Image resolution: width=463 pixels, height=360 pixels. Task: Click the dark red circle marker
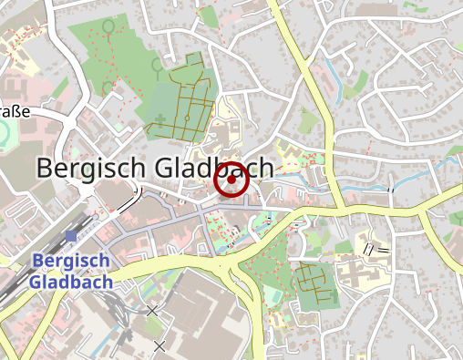tap(231, 180)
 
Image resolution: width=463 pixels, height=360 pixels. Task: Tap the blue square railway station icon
tap(71, 237)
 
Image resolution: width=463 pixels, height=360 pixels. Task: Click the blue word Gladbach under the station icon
tap(70, 282)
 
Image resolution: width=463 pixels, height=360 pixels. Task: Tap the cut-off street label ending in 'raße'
tap(15, 112)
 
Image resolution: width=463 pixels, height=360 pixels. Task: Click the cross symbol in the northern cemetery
tap(160, 118)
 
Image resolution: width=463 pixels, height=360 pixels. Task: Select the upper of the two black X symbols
tap(151, 312)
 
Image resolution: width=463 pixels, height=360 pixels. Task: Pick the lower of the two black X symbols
tap(159, 345)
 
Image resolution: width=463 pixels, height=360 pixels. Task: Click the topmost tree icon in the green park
tap(108, 27)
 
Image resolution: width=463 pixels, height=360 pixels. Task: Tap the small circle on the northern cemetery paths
tap(187, 118)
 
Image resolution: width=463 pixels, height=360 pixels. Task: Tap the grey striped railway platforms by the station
tap(27, 264)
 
